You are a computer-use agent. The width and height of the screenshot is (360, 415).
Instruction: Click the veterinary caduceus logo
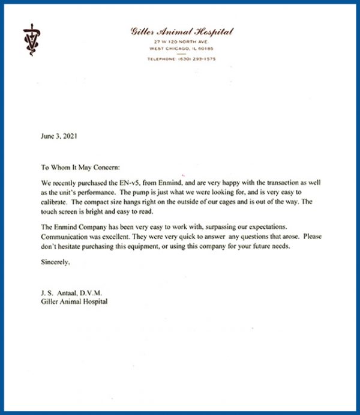[29, 40]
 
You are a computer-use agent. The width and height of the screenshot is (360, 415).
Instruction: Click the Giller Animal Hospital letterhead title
[181, 31]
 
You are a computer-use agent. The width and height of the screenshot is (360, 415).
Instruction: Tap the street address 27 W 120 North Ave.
[182, 41]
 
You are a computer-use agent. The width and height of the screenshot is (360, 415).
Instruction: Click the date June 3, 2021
[59, 136]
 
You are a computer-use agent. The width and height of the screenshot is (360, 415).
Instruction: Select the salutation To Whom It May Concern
[82, 169]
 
